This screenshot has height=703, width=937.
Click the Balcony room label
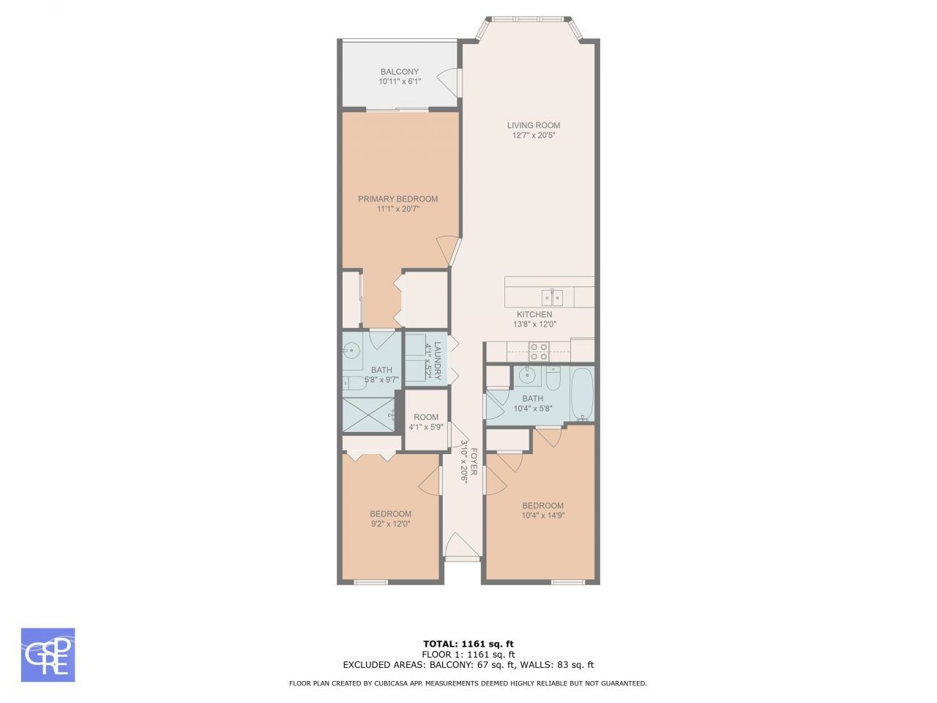click(399, 72)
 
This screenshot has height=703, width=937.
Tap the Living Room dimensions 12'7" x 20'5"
click(534, 135)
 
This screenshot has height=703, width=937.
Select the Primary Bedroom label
click(397, 199)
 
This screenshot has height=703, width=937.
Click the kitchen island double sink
click(551, 297)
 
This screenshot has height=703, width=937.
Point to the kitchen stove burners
click(540, 351)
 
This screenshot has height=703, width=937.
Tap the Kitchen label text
click(534, 314)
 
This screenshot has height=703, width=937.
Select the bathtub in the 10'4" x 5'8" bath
click(583, 395)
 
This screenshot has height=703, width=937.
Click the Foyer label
click(474, 461)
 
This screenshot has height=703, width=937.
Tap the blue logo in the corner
click(48, 655)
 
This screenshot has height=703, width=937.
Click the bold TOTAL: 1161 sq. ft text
click(468, 644)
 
